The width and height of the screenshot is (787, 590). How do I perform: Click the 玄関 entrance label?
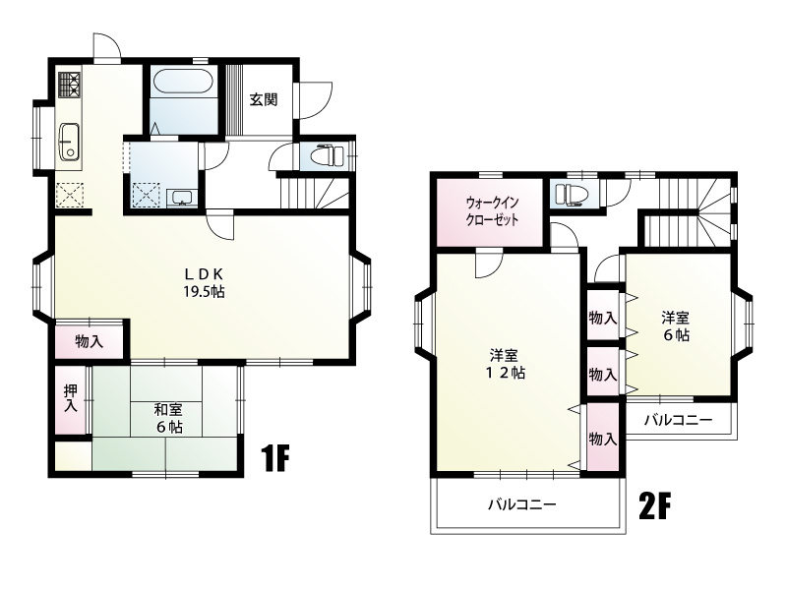pos(264,100)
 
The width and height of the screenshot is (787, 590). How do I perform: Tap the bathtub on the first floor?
pos(183,81)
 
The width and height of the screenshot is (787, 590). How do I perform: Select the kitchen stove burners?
pos(69,85)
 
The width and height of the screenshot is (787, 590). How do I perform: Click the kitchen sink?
pos(69,142)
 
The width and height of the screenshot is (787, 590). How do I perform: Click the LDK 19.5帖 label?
pos(204,282)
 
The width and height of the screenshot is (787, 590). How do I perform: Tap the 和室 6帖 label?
pos(168,418)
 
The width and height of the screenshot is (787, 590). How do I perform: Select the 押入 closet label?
pos(71,399)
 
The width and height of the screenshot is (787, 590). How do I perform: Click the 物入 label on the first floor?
pos(90,342)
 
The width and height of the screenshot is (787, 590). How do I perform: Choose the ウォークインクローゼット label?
pos(492,211)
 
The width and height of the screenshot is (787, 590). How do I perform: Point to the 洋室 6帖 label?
pos(676,326)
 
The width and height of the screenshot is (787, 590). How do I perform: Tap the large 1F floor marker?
pos(275,457)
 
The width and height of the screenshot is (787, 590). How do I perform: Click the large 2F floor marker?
pos(655,505)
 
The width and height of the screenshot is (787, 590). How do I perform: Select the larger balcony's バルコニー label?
pos(522,503)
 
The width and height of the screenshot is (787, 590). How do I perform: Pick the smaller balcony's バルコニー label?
pos(678,420)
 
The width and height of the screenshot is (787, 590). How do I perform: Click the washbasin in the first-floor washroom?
pos(182,198)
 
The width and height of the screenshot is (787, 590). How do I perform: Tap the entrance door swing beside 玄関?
pos(314,100)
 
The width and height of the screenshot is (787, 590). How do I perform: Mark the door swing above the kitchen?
pos(107,46)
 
